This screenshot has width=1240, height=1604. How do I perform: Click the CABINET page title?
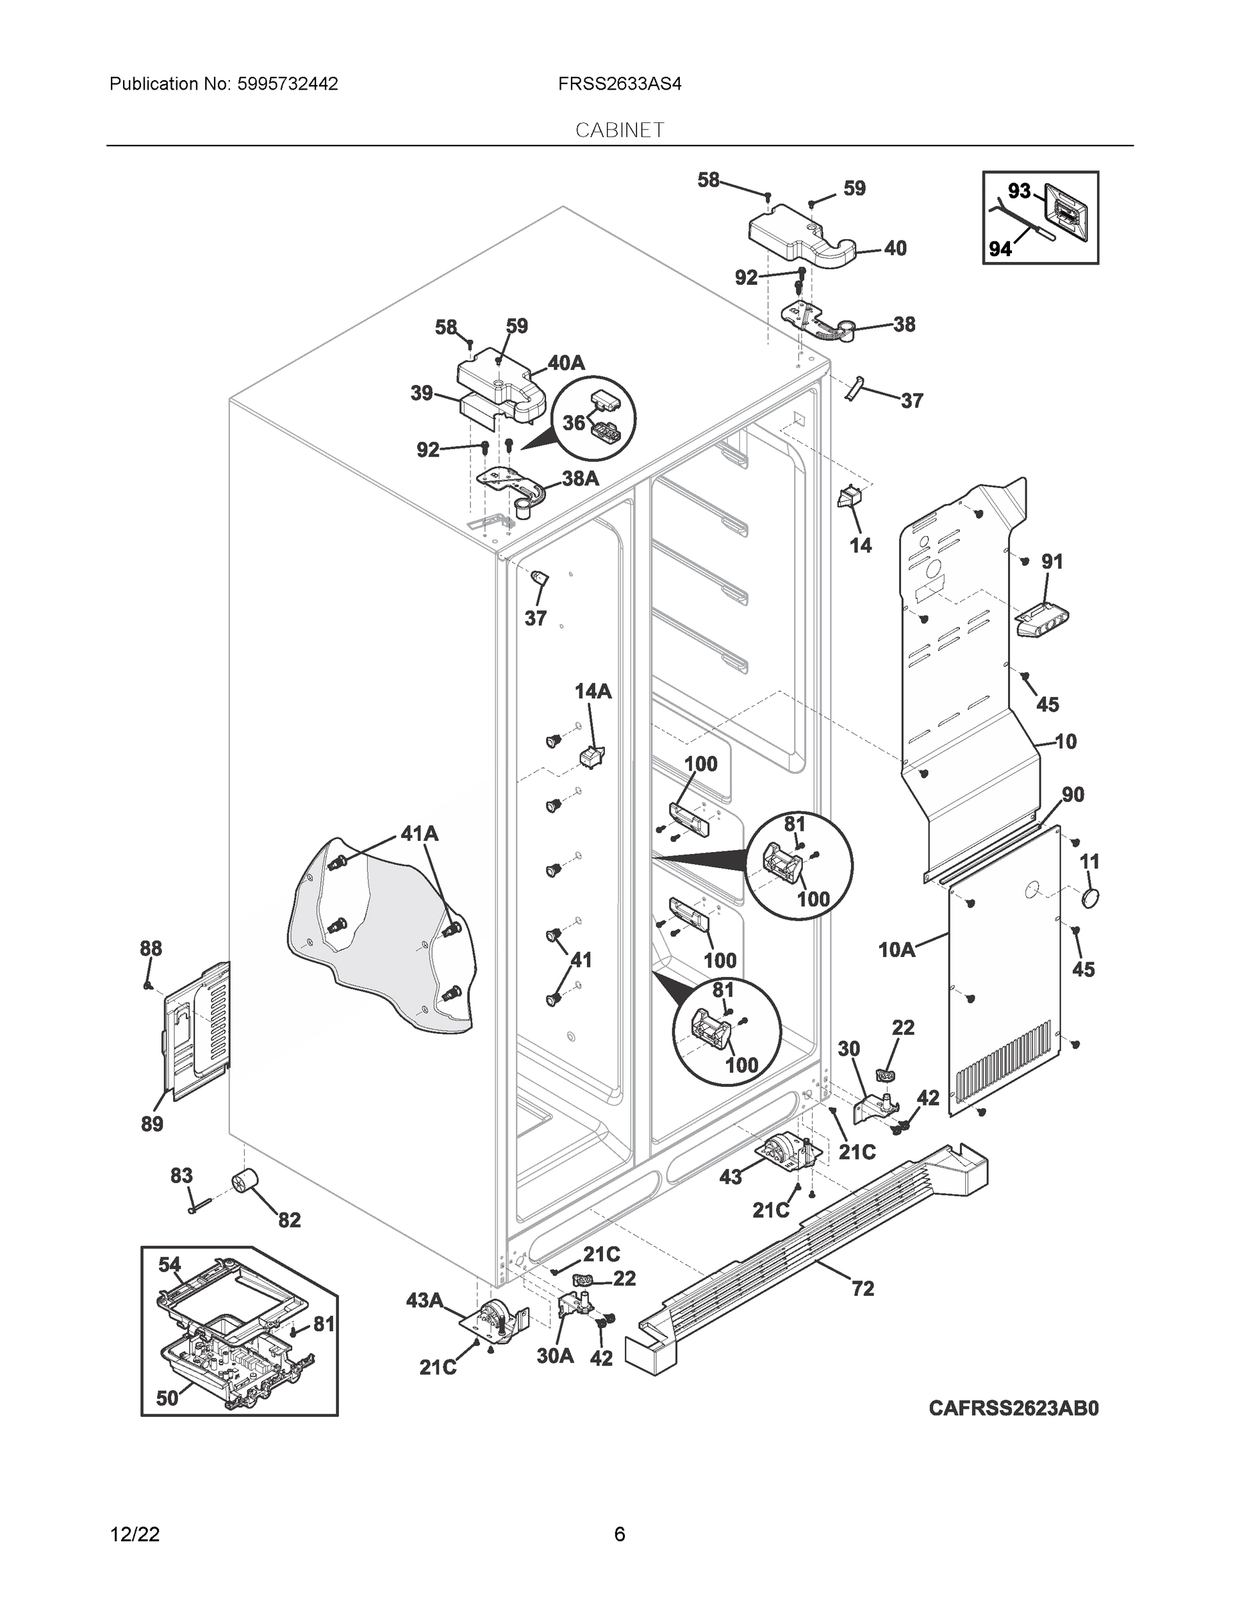[619, 130]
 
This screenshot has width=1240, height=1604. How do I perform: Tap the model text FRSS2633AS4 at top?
[619, 84]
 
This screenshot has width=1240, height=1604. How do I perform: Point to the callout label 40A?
[566, 362]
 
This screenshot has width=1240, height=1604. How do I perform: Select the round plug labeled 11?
[1090, 898]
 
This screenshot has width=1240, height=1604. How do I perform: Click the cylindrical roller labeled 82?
[243, 1184]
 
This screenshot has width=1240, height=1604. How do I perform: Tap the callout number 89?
[152, 1123]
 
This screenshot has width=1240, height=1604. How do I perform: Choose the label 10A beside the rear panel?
[897, 950]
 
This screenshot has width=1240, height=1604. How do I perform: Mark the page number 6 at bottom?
[619, 1534]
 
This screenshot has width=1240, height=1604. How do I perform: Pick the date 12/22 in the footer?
[134, 1534]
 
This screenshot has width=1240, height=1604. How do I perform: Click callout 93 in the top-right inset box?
[1019, 191]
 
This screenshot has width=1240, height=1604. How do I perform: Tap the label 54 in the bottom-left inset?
[170, 1264]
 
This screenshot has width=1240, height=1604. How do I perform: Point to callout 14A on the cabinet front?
[593, 691]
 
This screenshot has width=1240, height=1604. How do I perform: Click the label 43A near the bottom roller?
[424, 1301]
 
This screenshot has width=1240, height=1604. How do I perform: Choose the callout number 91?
[1052, 562]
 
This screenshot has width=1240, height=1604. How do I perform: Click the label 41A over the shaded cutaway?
[418, 833]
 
